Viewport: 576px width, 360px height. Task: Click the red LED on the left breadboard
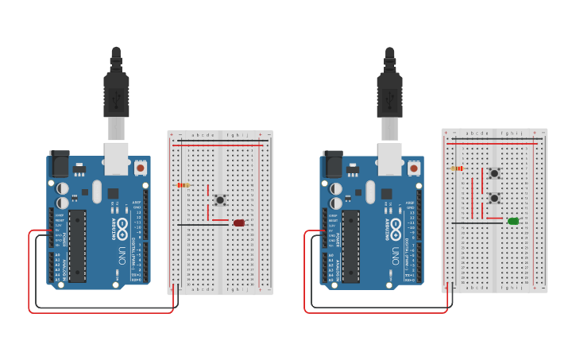(x=239, y=223)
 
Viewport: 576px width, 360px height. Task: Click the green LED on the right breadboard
(x=513, y=221)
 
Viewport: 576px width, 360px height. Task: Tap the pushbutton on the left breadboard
(x=219, y=199)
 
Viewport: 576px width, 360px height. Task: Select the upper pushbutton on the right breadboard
(x=494, y=173)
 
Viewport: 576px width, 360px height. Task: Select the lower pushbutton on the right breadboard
(x=494, y=198)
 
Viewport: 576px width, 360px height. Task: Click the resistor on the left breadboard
(x=183, y=185)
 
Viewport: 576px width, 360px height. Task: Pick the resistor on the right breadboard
(x=457, y=168)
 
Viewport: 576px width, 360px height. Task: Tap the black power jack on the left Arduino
(x=60, y=165)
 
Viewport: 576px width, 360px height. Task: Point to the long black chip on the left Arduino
(x=78, y=245)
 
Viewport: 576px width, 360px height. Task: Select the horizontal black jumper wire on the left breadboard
(x=203, y=224)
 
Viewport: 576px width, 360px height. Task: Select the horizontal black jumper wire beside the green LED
(x=477, y=223)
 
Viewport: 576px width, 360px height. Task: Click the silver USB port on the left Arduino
(x=116, y=157)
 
